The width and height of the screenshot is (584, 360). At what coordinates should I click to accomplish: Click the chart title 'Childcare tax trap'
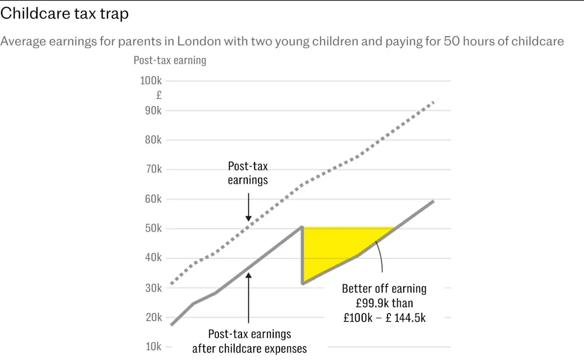[65, 14]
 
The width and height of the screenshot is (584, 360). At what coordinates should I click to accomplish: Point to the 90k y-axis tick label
[151, 110]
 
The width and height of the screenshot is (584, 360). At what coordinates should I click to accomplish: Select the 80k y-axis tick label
[151, 140]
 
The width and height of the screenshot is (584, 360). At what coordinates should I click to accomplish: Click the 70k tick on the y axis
[151, 169]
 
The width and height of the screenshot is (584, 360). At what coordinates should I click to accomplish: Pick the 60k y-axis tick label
[151, 199]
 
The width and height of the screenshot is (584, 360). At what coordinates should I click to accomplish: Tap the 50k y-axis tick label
[151, 229]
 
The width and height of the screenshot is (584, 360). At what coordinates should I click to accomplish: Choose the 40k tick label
[151, 258]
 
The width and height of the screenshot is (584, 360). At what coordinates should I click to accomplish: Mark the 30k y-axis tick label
[151, 288]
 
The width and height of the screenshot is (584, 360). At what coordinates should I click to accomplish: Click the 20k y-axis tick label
[151, 317]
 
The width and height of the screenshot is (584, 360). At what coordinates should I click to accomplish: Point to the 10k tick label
[151, 347]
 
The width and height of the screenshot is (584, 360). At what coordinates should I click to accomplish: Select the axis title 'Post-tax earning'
[170, 61]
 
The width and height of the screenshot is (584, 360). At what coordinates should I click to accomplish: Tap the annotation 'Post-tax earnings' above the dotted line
[248, 173]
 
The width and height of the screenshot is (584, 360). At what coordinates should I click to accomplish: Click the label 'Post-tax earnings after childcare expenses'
[249, 341]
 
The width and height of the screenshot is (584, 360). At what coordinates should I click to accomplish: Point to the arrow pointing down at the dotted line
[248, 208]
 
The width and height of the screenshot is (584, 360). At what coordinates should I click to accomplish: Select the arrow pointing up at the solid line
[248, 298]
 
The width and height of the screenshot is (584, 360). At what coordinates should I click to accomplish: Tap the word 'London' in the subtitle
[198, 41]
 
